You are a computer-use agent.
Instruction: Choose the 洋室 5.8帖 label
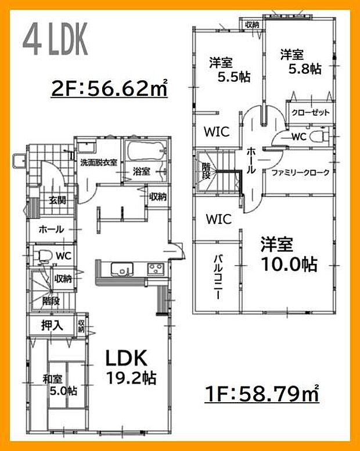(x=300, y=62)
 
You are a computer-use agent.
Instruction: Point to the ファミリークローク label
(x=300, y=173)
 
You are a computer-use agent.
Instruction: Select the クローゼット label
(x=310, y=112)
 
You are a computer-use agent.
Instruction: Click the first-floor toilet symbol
(x=44, y=255)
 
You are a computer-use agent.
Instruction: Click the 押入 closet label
(x=52, y=324)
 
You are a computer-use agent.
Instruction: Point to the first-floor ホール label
(x=51, y=230)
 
